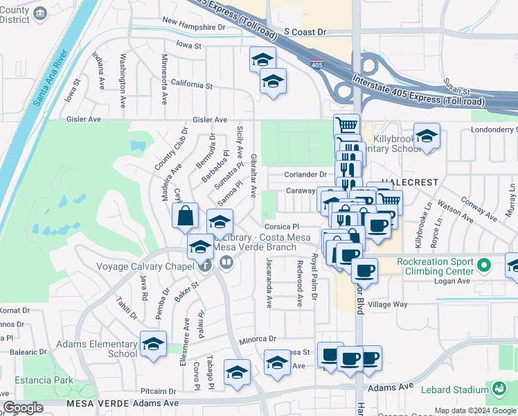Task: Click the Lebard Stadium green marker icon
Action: pos(499,389)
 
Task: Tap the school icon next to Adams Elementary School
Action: pos(153,343)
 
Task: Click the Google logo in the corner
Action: pos(23,408)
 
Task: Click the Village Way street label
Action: pos(387,304)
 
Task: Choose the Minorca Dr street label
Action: pos(258,340)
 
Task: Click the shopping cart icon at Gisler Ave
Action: pos(346,126)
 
